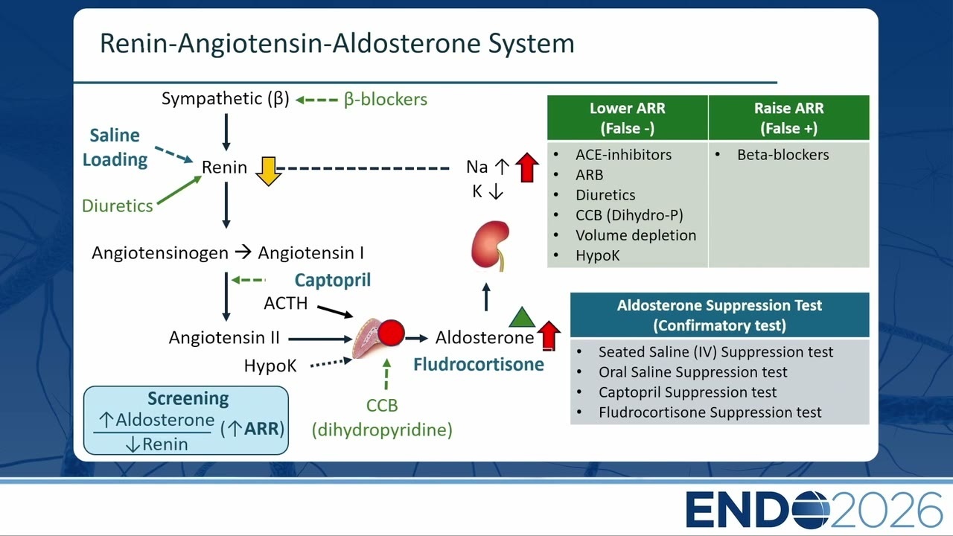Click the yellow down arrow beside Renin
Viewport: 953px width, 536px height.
pyautogui.click(x=268, y=171)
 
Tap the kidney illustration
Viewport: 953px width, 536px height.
pyautogui.click(x=490, y=246)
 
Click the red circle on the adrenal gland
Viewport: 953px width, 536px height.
pyautogui.click(x=391, y=333)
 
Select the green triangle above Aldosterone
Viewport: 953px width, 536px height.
pyautogui.click(x=522, y=317)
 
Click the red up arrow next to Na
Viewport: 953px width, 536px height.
pyautogui.click(x=526, y=167)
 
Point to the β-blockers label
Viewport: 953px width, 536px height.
pyautogui.click(x=386, y=100)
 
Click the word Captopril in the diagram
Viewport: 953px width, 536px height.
pyautogui.click(x=333, y=281)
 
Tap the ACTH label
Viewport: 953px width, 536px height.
pyautogui.click(x=285, y=303)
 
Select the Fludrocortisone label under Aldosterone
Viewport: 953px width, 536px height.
pyautogui.click(x=479, y=365)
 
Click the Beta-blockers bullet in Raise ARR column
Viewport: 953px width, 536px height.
pyautogui.click(x=783, y=154)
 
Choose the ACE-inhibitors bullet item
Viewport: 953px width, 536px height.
pyautogui.click(x=623, y=154)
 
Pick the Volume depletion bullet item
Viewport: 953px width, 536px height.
pyautogui.click(x=636, y=235)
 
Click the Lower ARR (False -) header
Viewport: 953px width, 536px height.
pyautogui.click(x=628, y=118)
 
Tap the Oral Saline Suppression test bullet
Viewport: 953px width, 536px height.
pyautogui.click(x=692, y=371)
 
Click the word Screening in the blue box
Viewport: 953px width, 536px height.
pyautogui.click(x=188, y=398)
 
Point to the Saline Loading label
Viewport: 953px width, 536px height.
pyautogui.click(x=115, y=147)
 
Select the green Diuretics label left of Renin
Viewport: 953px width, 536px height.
pyautogui.click(x=117, y=206)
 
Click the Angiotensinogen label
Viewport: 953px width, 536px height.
pyautogui.click(x=160, y=253)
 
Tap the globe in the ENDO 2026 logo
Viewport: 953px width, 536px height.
pyautogui.click(x=812, y=510)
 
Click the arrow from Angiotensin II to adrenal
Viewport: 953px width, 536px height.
pyautogui.click(x=320, y=339)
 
